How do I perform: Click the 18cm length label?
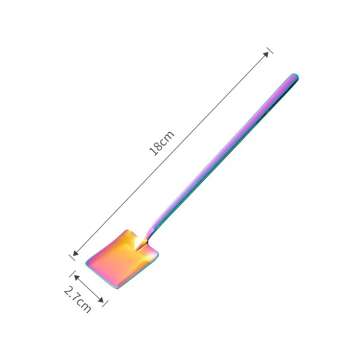coord(162,143)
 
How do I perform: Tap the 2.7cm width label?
coord(77,299)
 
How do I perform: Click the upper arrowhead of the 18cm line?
coord(265,54)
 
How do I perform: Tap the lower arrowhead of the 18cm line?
coord(76,252)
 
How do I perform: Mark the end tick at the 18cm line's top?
coord(270,50)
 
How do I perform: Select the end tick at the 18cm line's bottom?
coord(72,257)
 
